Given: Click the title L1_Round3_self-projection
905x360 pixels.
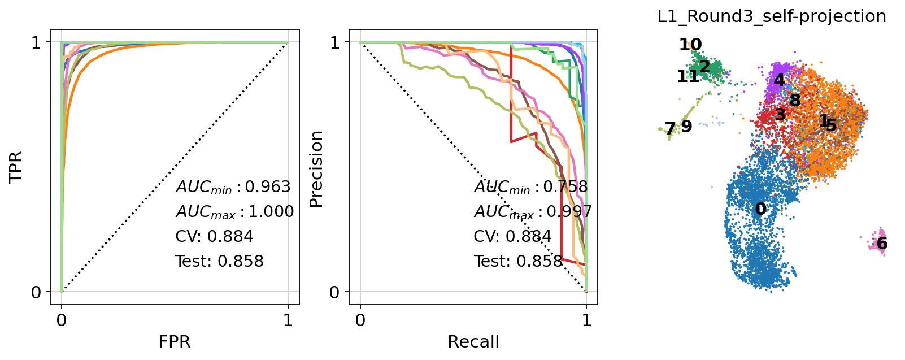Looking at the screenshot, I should point(772,17).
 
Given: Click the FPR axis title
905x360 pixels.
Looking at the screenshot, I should point(175,342).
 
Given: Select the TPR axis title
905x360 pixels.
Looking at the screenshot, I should point(16,167).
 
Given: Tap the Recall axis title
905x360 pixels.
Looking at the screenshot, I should point(473,342).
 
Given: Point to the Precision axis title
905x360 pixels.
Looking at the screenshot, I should point(316,169).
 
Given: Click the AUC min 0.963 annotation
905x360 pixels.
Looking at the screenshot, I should point(233,187).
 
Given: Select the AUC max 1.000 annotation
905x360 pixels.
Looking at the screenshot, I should point(234,212).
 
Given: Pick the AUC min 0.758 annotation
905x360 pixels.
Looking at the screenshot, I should point(531,187).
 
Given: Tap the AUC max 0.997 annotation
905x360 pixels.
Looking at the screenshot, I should point(533,212).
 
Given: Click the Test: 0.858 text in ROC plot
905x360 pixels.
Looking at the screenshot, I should point(219,261).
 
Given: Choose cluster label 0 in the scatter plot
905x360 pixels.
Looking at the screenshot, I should point(761,209).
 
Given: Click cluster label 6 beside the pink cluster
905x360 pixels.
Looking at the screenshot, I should point(882,244).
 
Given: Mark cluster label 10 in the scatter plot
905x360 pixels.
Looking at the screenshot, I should point(690,45).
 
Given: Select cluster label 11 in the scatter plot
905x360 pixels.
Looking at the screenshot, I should point(688,76).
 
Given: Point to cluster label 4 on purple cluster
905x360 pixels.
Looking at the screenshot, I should point(779,80).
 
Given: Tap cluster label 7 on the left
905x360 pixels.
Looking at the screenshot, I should point(670,129).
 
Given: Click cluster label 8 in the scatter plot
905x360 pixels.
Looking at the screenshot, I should point(795,101).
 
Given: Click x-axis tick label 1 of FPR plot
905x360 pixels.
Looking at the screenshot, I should point(288,321).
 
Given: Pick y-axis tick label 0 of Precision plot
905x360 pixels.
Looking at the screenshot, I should point(335,293).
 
